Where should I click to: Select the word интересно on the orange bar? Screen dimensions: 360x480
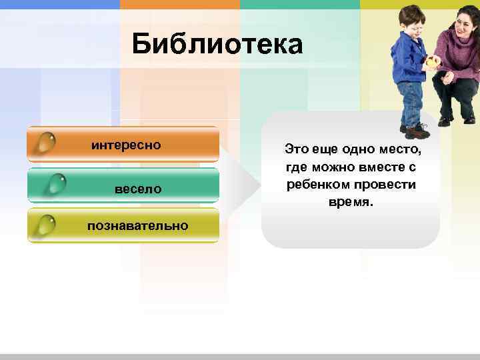pos(127,145)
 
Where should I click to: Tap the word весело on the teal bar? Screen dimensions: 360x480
pos(138,189)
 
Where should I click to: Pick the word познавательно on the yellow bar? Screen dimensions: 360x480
pos(137,226)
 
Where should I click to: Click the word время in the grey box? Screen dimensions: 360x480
pos(350,201)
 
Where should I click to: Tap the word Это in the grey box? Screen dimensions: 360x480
pos(295,147)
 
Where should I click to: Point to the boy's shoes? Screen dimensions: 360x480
pos(414,130)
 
